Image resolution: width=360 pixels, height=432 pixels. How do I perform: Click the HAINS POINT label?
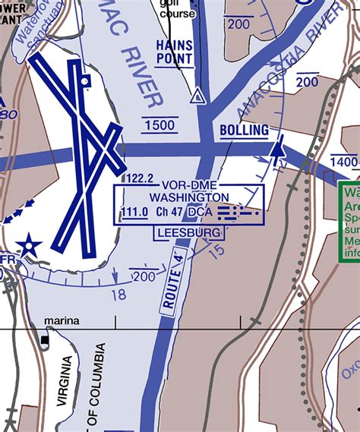pyautogui.click(x=175, y=51)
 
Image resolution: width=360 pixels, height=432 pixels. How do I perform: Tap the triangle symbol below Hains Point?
pyautogui.click(x=197, y=96)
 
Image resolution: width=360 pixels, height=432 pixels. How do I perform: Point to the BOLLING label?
pyautogui.click(x=244, y=131)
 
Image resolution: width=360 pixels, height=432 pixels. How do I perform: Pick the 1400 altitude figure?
pyautogui.click(x=344, y=162)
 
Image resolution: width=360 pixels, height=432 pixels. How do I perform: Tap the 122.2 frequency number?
pyautogui.click(x=140, y=178)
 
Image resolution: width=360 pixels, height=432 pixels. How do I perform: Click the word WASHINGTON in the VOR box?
pyautogui.click(x=190, y=196)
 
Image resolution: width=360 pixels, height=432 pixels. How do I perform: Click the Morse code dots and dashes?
pyautogui.click(x=238, y=213)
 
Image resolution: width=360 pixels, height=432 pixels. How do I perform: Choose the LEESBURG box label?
pyautogui.click(x=189, y=232)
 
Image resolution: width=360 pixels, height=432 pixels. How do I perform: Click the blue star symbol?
pyautogui.click(x=30, y=246)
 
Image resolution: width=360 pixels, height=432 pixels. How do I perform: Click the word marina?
pyautogui.click(x=62, y=321)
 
